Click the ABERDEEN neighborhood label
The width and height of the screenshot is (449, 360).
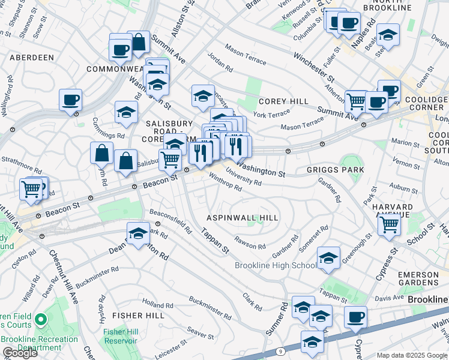pos(31,58)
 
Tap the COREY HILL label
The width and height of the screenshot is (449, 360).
pos(283,101)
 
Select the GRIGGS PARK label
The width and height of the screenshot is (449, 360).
pos(335,170)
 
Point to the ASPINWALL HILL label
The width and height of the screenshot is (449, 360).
pos(243,217)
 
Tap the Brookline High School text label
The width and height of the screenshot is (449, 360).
pos(276,265)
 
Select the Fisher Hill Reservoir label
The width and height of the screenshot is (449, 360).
pos(120,336)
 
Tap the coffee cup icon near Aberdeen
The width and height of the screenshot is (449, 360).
pos(71,100)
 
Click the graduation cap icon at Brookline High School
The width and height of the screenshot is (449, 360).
pos(328,257)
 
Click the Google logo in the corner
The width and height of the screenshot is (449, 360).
pos(20,353)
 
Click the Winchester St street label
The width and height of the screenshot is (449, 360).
pos(313,67)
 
